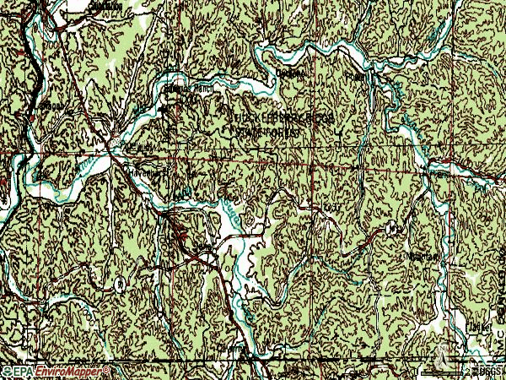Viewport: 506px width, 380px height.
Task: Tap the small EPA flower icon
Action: click(8, 372)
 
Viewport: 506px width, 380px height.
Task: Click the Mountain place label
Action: click(422, 256)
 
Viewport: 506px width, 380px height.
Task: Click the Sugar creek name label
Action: click(229, 214)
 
